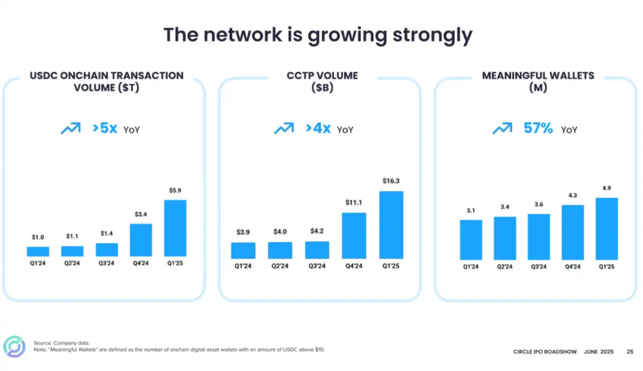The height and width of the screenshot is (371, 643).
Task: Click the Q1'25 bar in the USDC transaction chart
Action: [175, 228]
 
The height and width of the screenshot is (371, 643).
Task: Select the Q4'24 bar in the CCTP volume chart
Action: [354, 235]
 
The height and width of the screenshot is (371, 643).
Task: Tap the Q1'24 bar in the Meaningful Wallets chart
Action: [470, 239]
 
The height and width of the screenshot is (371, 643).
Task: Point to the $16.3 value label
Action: [391, 180]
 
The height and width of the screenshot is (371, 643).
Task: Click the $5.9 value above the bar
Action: [175, 190]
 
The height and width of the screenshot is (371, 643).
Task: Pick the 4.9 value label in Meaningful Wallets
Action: [607, 188]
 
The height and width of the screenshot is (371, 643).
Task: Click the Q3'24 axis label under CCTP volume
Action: [317, 266]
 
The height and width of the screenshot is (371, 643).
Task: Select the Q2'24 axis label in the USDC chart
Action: [72, 263]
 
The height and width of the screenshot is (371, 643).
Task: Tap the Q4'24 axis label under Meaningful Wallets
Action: [572, 267]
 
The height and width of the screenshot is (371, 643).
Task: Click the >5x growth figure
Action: [105, 127]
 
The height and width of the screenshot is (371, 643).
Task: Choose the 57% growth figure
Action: [538, 127]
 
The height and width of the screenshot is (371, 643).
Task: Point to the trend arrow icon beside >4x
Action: [283, 128]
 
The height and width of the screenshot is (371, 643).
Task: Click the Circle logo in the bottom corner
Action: [14, 347]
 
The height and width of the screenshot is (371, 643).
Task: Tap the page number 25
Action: [630, 352]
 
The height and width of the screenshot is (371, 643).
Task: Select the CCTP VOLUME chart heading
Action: [321, 76]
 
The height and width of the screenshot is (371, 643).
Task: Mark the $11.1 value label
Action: [354, 202]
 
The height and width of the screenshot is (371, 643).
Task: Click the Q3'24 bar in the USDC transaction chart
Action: [107, 250]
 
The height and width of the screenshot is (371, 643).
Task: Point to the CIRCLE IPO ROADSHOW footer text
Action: [545, 352]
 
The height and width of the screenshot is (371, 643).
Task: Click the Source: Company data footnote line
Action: [62, 343]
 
